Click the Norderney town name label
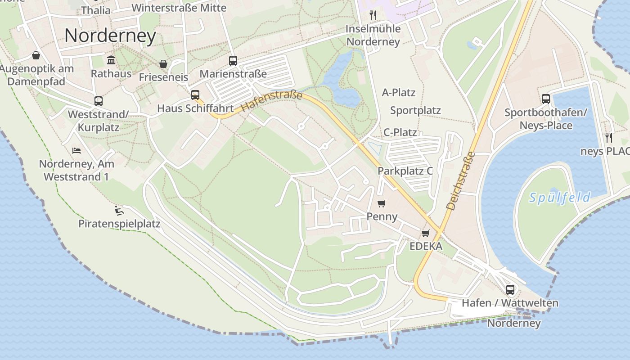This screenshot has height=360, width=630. [110, 36]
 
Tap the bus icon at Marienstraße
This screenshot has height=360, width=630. [233, 61]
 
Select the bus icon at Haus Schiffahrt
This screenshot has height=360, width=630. [195, 95]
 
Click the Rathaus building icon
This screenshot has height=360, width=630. [111, 60]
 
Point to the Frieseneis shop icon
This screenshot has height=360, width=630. [163, 64]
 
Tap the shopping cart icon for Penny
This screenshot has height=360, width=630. [382, 203]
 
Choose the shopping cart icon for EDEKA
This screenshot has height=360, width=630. [426, 233]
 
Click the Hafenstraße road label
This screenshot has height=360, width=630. [272, 101]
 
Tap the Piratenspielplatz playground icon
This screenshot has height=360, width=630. [119, 210]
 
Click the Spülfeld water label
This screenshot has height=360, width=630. [560, 197]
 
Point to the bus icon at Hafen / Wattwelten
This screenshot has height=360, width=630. [510, 289]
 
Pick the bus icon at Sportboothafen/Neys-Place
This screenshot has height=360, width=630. [546, 99]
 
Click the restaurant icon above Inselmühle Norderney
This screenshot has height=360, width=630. [373, 15]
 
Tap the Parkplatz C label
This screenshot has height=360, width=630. [405, 171]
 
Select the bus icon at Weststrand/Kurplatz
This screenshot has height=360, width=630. [99, 101]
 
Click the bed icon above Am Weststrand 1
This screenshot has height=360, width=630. [76, 150]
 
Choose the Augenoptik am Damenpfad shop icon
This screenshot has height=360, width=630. [36, 55]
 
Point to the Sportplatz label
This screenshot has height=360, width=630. [415, 110]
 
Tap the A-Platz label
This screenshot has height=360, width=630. [399, 93]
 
